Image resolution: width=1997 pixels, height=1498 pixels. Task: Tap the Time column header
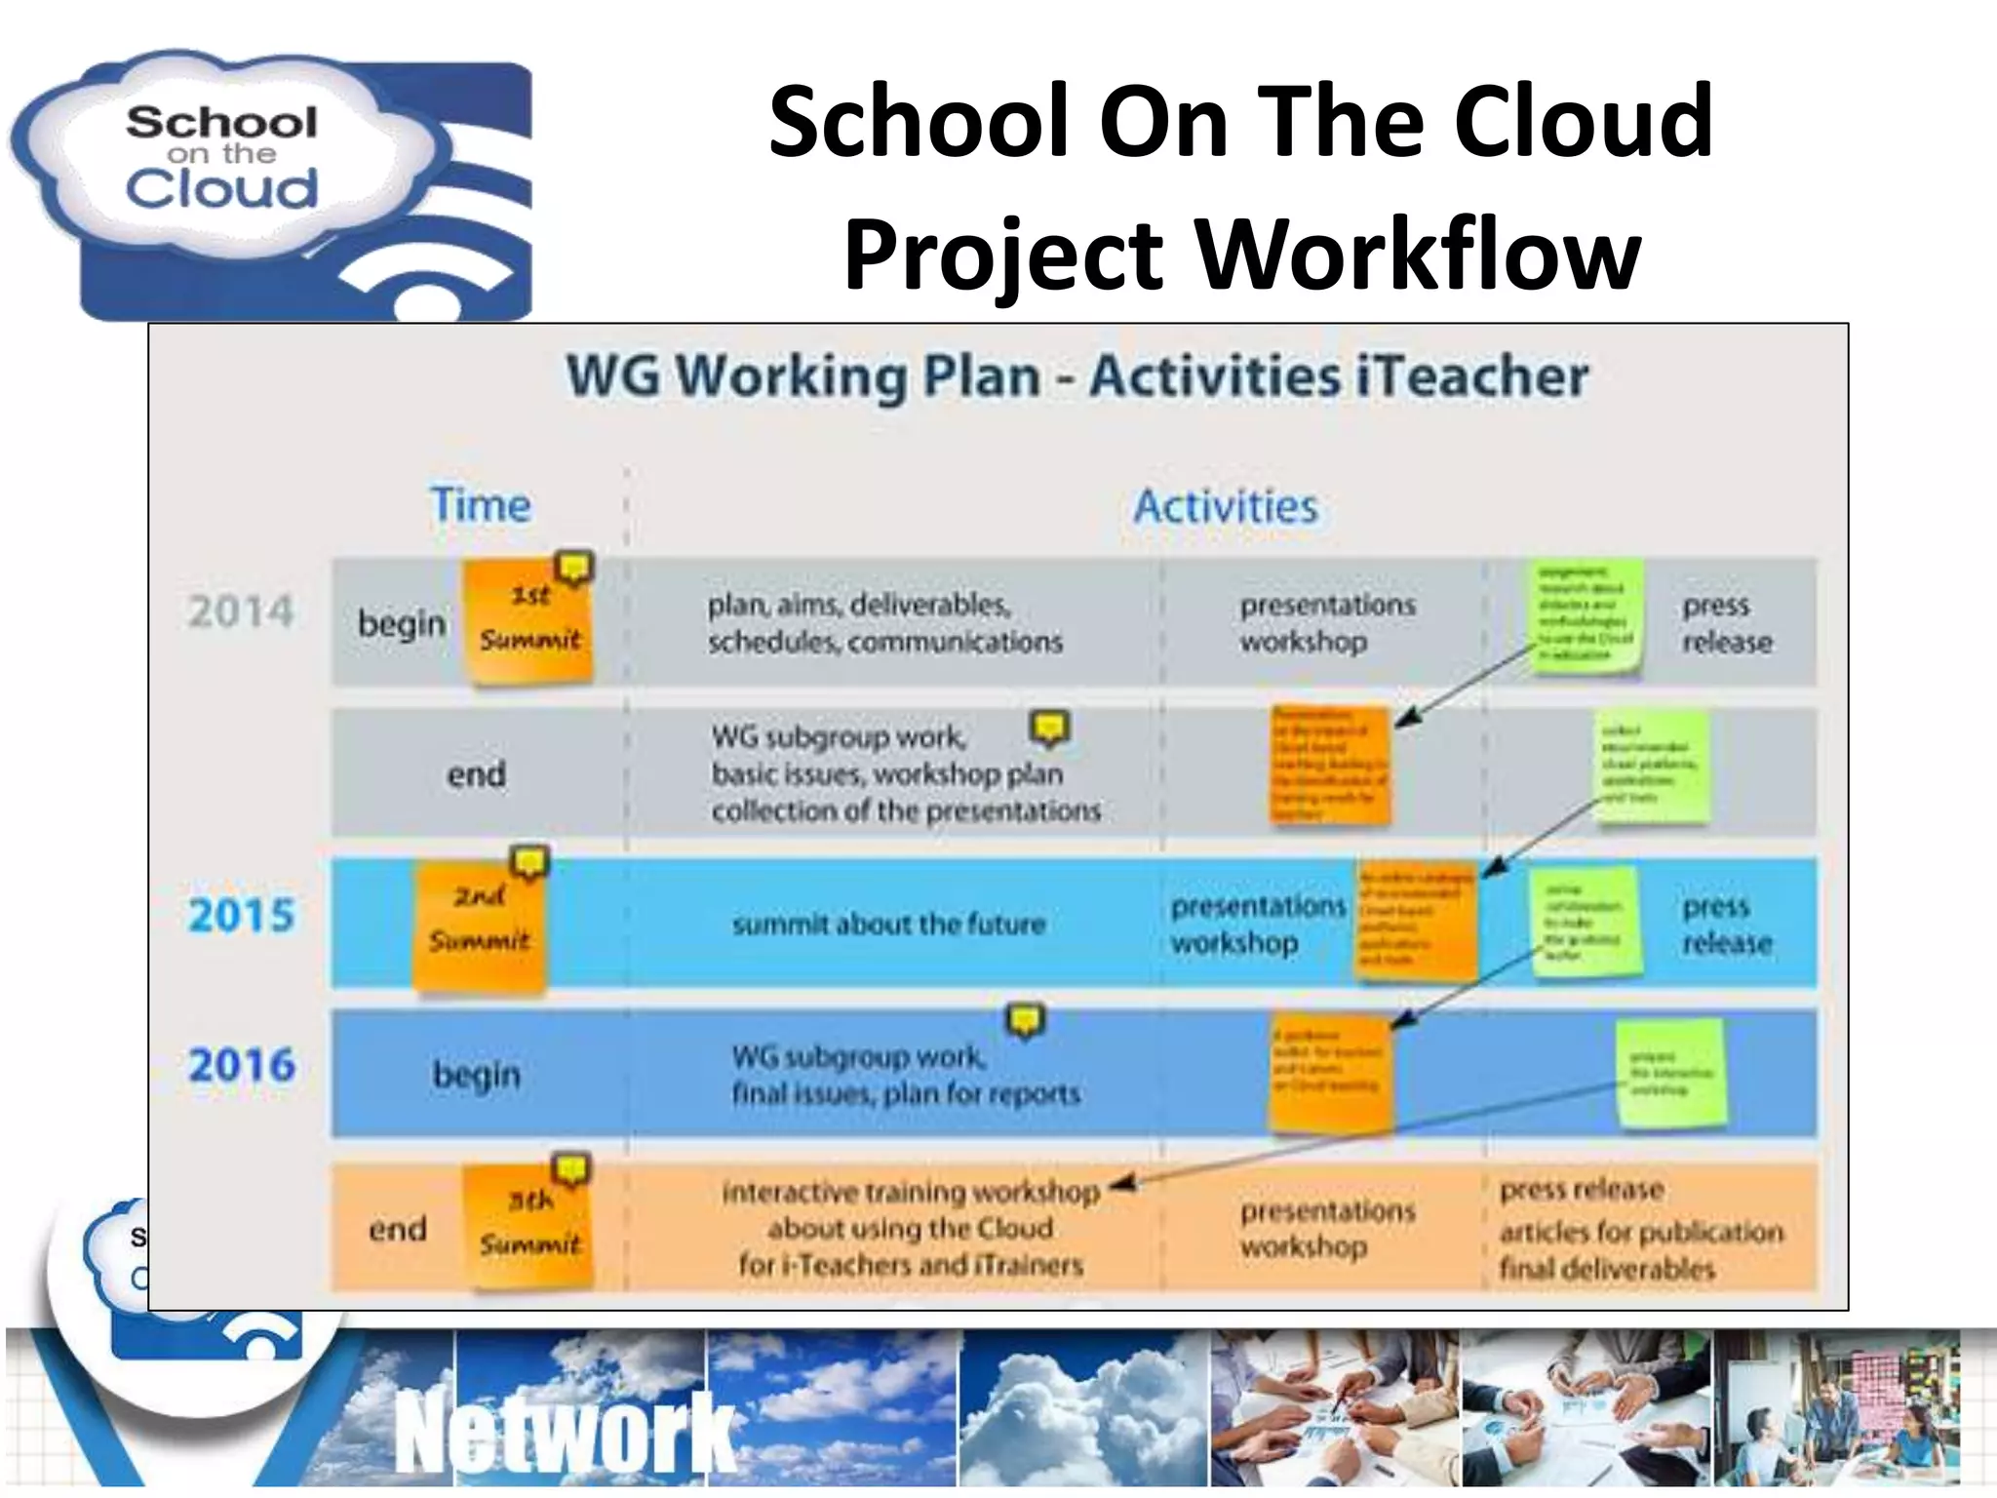pos(481,505)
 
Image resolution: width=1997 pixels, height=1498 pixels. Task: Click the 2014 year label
pos(241,612)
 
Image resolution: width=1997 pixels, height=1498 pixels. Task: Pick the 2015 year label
pos(241,916)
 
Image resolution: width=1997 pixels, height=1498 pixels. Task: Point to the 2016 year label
pos(241,1065)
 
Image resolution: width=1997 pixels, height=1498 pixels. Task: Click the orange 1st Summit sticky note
pos(529,620)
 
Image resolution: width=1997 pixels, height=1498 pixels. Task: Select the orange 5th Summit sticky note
pos(529,1226)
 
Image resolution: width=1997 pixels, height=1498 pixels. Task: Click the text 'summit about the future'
pos(888,924)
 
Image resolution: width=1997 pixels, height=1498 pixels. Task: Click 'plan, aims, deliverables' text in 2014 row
pos(858,606)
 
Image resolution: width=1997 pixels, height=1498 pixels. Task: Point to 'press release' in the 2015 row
pos(1726,925)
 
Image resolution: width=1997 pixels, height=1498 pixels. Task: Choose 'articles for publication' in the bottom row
pos(1641,1232)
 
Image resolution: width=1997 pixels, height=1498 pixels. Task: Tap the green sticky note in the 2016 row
pos(1670,1073)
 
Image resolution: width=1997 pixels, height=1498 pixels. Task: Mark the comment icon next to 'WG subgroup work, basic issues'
pos(1049,728)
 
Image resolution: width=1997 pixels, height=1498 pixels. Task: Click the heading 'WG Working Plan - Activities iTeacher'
pos(1077,376)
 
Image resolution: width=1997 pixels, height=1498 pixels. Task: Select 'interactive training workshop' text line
pos(910,1192)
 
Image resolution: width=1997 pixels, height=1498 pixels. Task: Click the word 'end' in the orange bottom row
pos(398,1229)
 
